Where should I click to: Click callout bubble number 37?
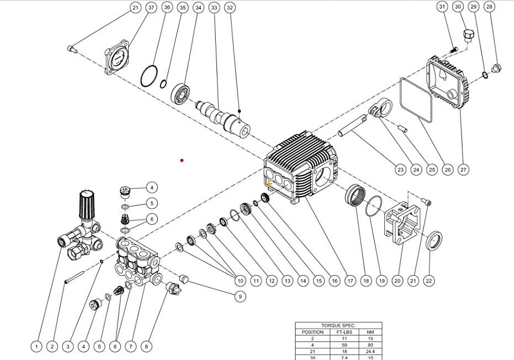tap(151, 8)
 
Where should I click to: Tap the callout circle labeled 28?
tap(489, 7)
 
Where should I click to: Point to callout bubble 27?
tap(463, 170)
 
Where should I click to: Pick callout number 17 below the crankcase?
tap(350, 280)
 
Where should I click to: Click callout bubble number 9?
tap(240, 297)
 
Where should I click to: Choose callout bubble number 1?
tap(36, 347)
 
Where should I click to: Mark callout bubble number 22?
tap(428, 280)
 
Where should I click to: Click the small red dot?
tap(182, 161)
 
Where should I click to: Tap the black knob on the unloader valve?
tap(87, 204)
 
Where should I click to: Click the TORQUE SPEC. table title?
tap(338, 326)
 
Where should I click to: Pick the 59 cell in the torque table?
tap(343, 346)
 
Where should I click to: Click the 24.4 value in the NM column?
tap(370, 353)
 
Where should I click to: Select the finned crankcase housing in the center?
tap(301, 166)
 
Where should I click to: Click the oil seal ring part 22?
tap(434, 241)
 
